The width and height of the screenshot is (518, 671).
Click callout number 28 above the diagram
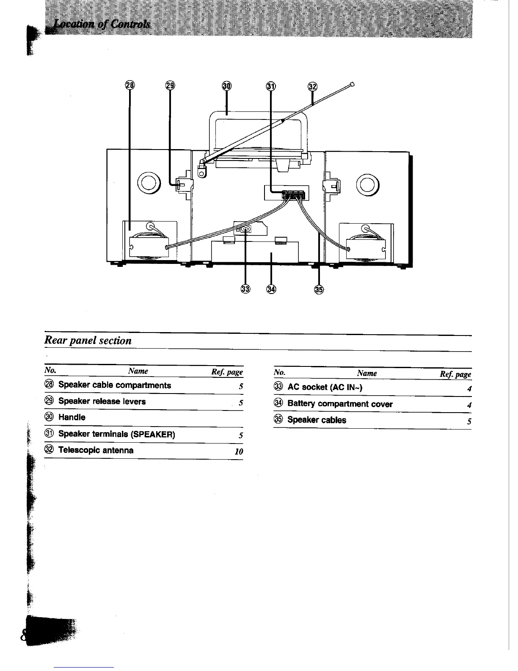130,86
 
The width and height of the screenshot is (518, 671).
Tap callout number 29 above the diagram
170,86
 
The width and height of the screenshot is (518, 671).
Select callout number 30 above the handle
227,86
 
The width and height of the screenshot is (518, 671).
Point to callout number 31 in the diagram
271,86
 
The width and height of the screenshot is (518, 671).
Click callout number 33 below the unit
245,289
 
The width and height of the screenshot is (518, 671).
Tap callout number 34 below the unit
271,289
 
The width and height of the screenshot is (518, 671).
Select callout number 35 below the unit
319,289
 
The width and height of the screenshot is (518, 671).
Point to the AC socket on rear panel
246,229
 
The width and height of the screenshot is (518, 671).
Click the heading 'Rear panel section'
88,341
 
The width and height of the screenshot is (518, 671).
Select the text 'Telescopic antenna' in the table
96,450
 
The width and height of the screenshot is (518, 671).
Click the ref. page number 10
239,452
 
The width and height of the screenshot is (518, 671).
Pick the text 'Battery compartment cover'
340,404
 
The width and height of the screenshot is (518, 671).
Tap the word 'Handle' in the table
72,417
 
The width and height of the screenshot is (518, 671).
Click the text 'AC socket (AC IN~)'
325,387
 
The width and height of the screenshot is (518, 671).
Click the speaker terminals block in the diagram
293,194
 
